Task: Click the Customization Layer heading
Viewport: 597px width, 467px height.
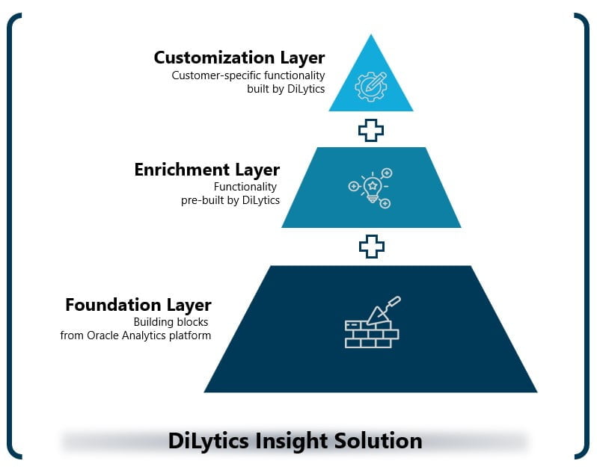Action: [x=239, y=58]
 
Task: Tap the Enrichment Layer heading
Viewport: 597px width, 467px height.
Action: [x=206, y=170]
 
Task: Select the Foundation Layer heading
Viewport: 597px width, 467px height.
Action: [x=138, y=305]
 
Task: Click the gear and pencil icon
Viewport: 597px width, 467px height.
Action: [x=371, y=85]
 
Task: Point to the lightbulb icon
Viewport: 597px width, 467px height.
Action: [x=371, y=187]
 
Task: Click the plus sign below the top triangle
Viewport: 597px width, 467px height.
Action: [x=371, y=130]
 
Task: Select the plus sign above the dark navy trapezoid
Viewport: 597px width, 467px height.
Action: [x=371, y=246]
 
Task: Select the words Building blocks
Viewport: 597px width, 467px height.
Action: [x=171, y=322]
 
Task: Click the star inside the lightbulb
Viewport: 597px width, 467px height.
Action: [x=372, y=183]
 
